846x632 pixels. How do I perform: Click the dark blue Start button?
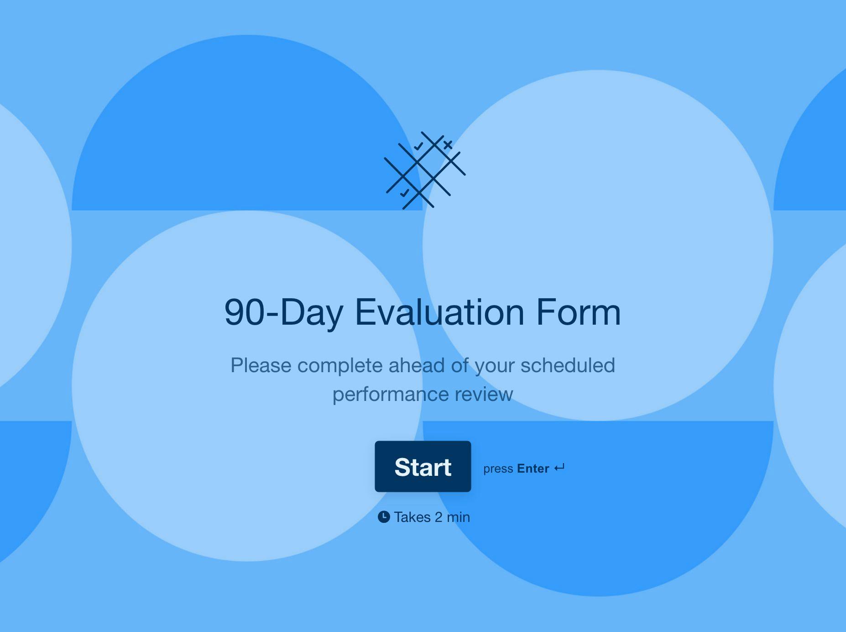tap(423, 466)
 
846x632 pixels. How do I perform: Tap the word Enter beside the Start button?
tap(533, 469)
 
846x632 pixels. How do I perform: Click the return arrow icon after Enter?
tap(559, 468)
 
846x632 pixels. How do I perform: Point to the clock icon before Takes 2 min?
tap(384, 517)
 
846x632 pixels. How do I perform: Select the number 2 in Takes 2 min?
tap(439, 517)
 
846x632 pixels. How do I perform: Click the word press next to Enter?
tap(498, 469)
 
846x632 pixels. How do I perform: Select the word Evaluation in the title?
tap(439, 312)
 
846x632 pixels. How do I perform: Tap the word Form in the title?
tap(578, 312)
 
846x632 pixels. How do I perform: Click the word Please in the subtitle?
tap(261, 365)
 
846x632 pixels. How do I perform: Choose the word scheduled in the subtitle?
tap(568, 365)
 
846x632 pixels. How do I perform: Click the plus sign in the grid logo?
tap(448, 145)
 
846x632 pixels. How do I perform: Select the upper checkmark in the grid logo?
tap(418, 147)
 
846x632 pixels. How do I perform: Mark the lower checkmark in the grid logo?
tap(405, 193)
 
